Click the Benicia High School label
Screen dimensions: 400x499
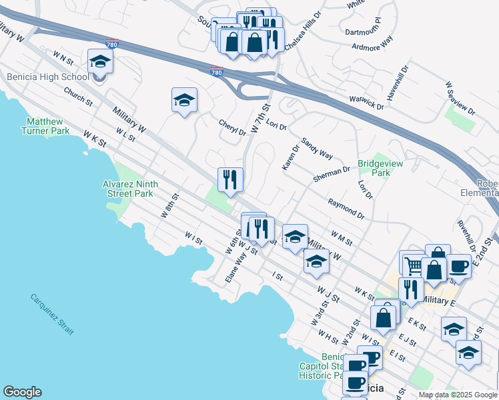click(47, 77)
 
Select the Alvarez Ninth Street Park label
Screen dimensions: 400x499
click(127, 189)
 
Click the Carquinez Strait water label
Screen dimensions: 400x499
click(52, 314)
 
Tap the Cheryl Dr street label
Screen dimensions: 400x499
click(232, 127)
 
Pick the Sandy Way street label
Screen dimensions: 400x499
click(317, 149)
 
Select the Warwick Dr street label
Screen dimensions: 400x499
click(366, 102)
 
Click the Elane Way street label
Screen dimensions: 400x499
click(232, 266)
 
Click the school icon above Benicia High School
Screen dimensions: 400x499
click(100, 61)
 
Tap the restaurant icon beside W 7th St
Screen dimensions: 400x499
click(230, 180)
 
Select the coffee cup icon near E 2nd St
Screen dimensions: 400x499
click(458, 266)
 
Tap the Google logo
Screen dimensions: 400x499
click(22, 392)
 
